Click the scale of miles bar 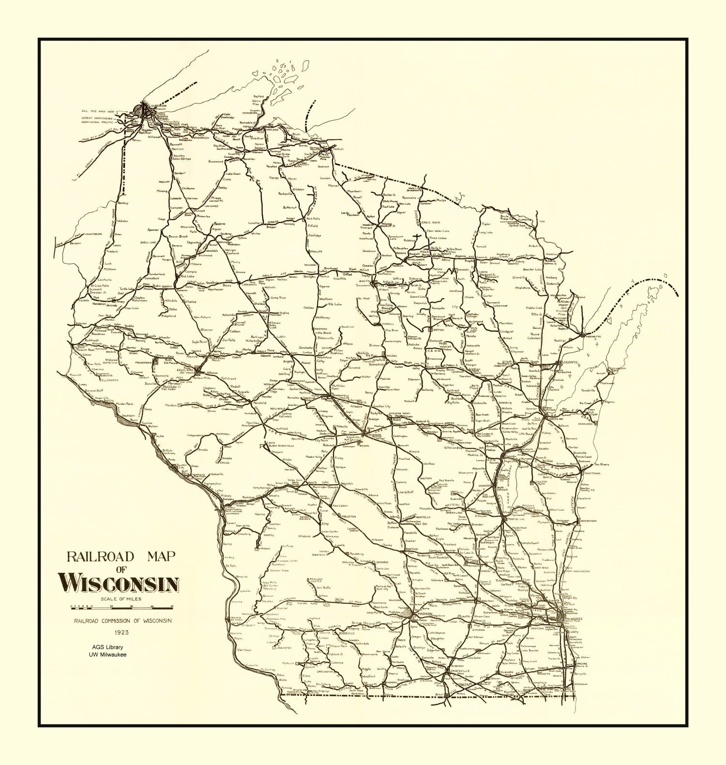click(x=122, y=606)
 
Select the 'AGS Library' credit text click(x=109, y=646)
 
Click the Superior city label click(x=158, y=105)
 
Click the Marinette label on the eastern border click(x=594, y=337)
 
